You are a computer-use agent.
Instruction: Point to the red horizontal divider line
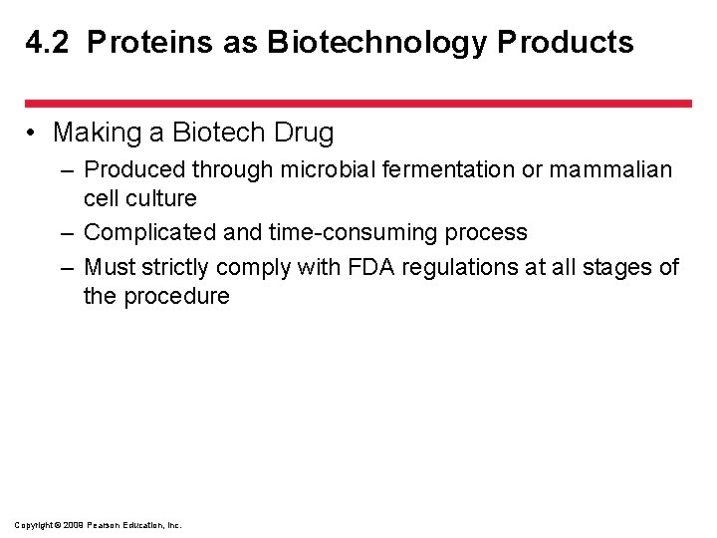[x=358, y=103]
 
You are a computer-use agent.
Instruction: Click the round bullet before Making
[x=33, y=133]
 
